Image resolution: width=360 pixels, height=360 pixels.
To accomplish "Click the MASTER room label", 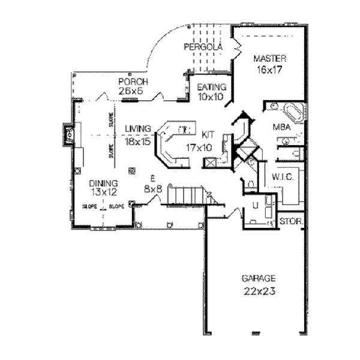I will [269, 58].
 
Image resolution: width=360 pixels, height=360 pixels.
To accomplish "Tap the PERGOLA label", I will [203, 47].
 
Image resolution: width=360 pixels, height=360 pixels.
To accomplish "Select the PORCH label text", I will [133, 82].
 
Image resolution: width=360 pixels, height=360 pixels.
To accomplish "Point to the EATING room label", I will [211, 87].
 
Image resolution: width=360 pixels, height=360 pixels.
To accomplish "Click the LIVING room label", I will [137, 128].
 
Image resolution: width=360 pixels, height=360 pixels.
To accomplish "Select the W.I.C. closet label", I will [281, 177].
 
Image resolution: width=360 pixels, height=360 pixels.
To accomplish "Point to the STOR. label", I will [292, 221].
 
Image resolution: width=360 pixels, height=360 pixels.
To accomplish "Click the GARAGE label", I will [259, 278].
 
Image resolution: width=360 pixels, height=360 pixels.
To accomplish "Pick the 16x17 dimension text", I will [269, 69].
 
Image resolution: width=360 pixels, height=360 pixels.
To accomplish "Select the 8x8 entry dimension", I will [153, 188].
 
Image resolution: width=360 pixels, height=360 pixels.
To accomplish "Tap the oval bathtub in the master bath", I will [292, 112].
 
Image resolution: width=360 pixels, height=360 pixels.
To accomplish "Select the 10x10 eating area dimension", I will [210, 96].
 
